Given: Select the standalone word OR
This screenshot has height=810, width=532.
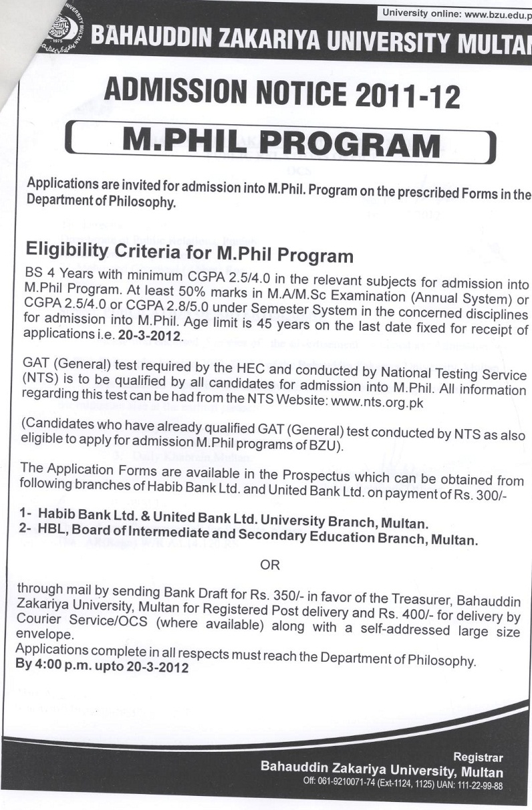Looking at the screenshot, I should pos(270,565).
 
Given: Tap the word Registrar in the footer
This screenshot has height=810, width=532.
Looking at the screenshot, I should pos(478,757).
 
